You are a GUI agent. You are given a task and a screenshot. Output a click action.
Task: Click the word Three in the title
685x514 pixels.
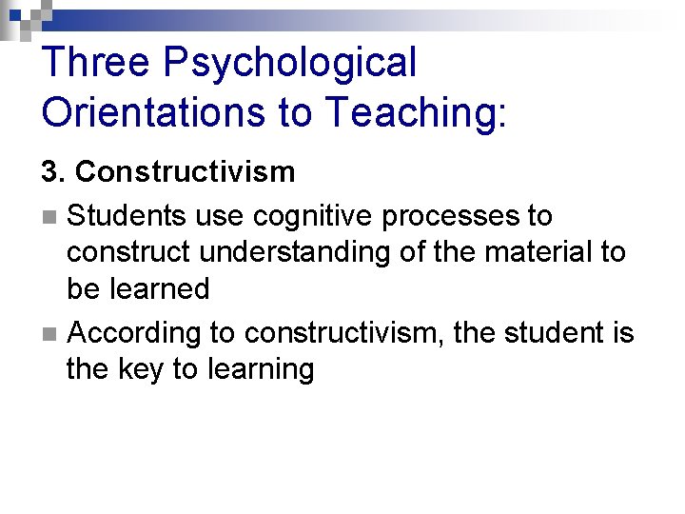pyautogui.click(x=95, y=63)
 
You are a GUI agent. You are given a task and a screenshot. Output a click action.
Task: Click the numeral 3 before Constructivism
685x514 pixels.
pyautogui.click(x=49, y=172)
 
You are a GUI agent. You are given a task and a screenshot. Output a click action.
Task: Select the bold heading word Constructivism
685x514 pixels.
pyautogui.click(x=185, y=172)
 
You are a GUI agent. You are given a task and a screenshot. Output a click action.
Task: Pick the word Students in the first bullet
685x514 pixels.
pyautogui.click(x=127, y=216)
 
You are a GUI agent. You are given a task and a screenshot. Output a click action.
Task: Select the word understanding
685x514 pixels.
pyautogui.click(x=284, y=253)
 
